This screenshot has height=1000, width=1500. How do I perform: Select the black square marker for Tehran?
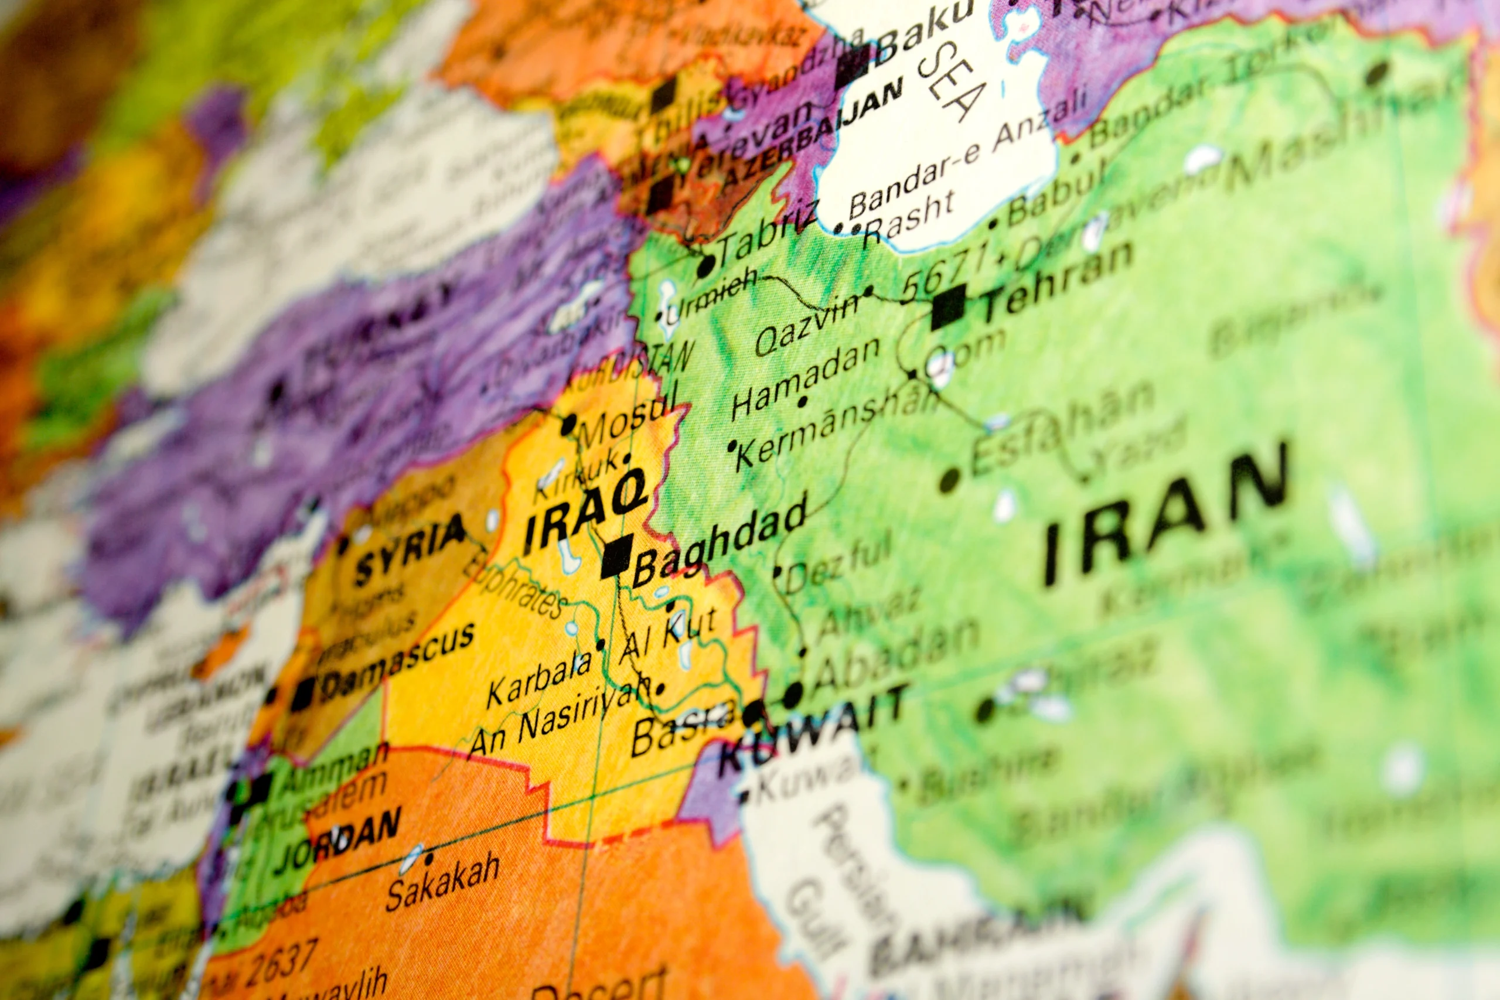point(949,308)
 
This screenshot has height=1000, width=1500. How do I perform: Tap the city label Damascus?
point(398,660)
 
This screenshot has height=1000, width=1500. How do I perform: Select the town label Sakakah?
point(442,883)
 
